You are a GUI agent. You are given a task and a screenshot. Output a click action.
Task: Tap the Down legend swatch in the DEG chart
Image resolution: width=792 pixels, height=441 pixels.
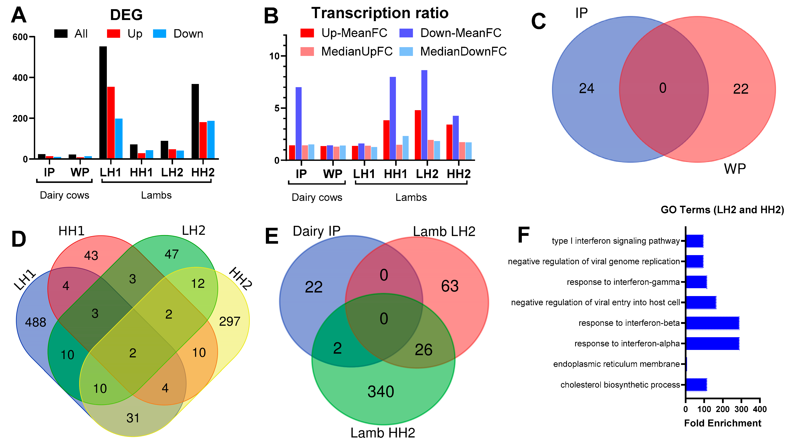click(160, 33)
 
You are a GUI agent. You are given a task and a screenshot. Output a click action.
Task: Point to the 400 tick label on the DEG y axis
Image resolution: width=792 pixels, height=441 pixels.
click(20, 78)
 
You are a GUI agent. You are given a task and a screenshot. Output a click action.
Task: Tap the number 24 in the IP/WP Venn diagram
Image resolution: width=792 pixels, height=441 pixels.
click(586, 88)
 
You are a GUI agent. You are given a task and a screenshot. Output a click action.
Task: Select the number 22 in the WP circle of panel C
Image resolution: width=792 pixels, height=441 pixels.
click(741, 89)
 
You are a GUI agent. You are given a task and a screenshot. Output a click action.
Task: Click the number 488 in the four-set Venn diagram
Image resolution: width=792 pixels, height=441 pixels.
click(36, 322)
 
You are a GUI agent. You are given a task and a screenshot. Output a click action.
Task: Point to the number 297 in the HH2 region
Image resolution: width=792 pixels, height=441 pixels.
click(229, 321)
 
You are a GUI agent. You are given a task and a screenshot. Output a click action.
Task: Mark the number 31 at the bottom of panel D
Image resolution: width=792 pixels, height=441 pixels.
click(133, 418)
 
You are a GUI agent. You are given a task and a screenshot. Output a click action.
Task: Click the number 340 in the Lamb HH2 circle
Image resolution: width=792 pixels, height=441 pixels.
click(381, 391)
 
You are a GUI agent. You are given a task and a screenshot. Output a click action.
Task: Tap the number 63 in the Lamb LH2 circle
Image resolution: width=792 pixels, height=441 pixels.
click(450, 286)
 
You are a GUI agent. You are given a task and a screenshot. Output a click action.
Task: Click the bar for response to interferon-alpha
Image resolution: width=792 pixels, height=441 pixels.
click(712, 343)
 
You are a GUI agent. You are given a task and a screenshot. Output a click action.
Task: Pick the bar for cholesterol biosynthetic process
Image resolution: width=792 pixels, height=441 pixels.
click(696, 385)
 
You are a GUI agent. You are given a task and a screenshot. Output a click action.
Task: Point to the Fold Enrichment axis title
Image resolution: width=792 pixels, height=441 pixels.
click(723, 423)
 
